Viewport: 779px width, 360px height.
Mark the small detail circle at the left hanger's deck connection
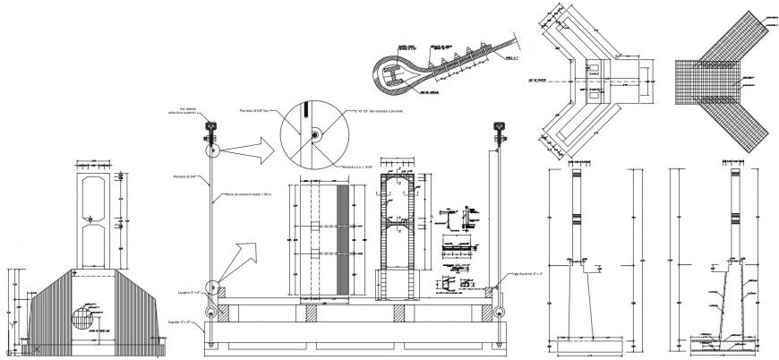click(213, 289)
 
